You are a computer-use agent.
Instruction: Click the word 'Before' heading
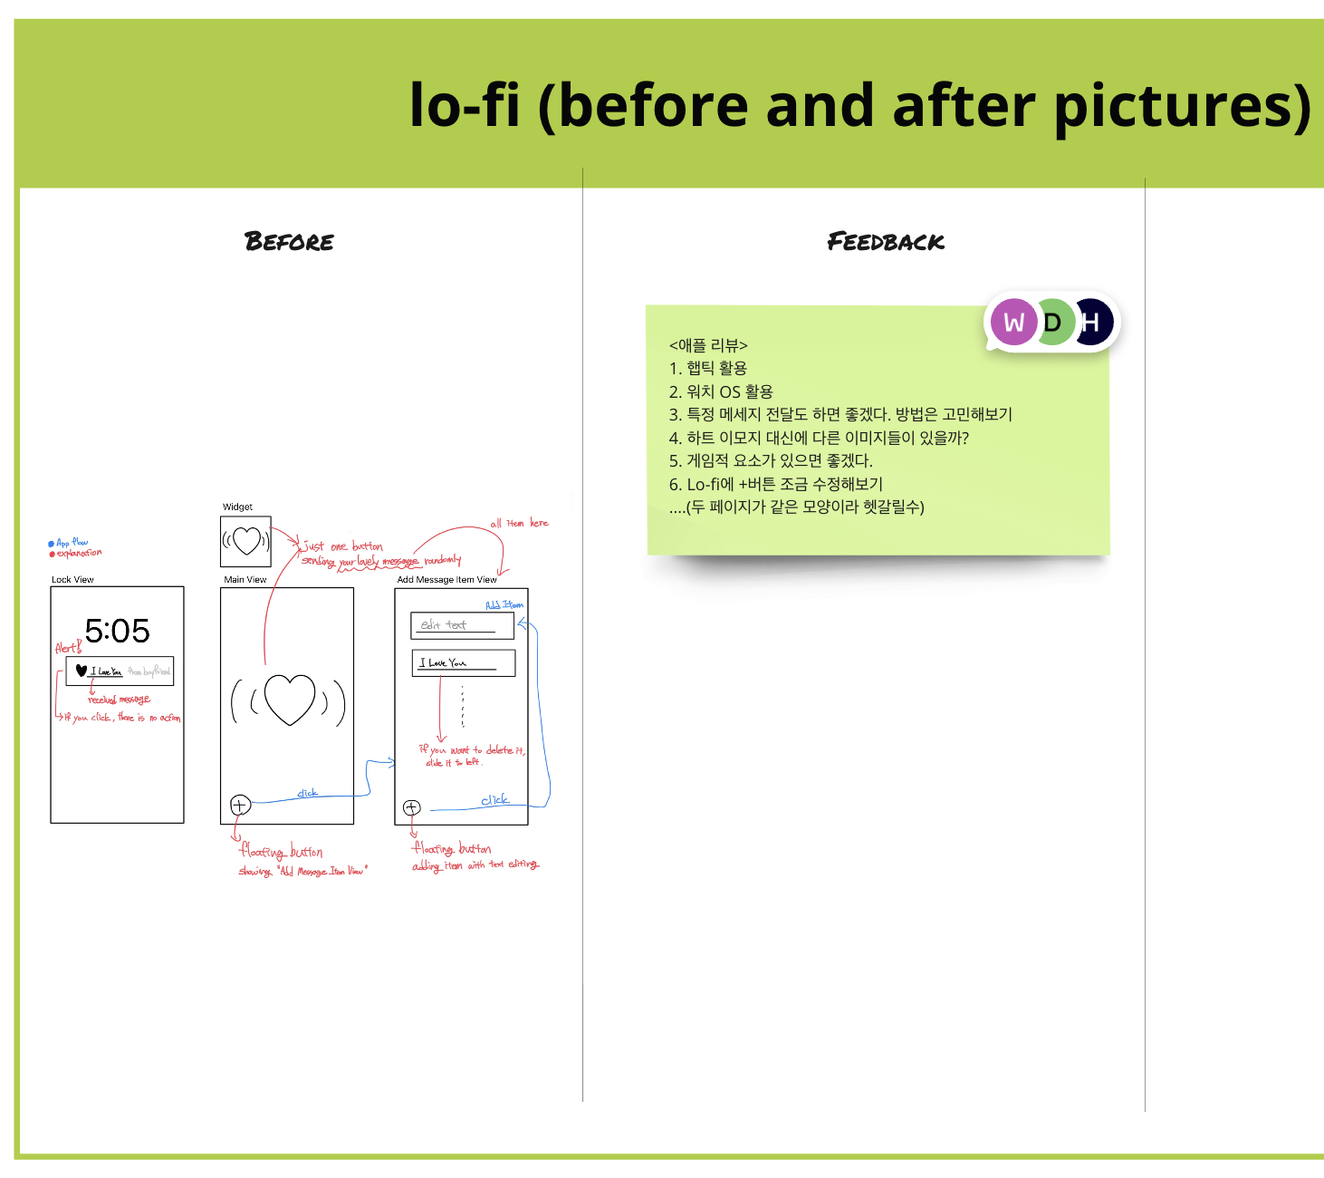pos(289,242)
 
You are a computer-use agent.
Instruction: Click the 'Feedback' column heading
pos(885,242)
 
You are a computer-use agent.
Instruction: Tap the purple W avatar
pos(1013,323)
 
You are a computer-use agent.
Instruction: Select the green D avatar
pos(1053,323)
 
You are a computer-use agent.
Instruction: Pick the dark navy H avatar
pos(1093,323)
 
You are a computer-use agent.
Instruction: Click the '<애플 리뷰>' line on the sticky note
pos(708,345)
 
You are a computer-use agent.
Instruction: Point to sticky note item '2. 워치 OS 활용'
pos(721,391)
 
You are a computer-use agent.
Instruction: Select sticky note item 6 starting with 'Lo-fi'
pos(775,484)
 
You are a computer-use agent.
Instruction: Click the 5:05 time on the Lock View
pos(117,631)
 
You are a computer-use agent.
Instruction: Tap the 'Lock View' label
pos(72,580)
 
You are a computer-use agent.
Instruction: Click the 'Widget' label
pos(237,507)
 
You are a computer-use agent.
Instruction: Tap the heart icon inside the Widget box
pos(246,541)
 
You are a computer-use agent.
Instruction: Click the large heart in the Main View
pos(289,700)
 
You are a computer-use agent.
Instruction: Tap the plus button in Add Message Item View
pos(412,807)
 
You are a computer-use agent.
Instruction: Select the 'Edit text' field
pos(462,625)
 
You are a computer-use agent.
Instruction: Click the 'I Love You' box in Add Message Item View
pos(463,663)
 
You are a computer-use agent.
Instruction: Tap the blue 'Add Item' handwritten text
pos(504,604)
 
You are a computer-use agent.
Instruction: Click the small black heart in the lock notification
pos(82,671)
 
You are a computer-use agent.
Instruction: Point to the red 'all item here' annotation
pos(519,524)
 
